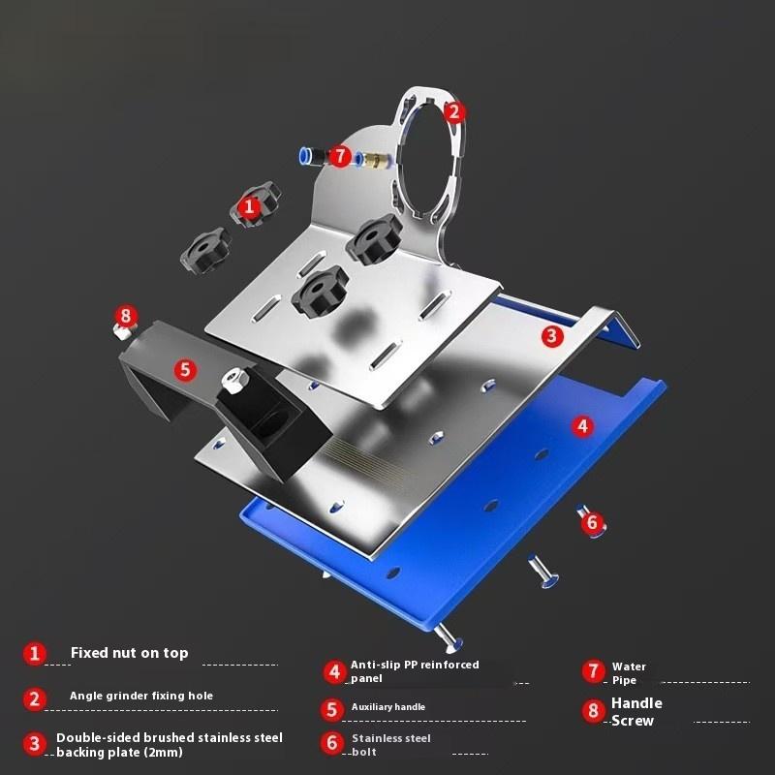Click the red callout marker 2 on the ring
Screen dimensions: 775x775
pyautogui.click(x=454, y=112)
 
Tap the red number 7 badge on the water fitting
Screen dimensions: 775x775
pyautogui.click(x=340, y=156)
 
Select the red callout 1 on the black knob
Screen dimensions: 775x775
pyautogui.click(x=249, y=206)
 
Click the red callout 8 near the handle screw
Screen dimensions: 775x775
pyautogui.click(x=126, y=316)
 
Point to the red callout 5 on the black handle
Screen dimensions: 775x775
pyautogui.click(x=185, y=369)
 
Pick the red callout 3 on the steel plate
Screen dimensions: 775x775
pyautogui.click(x=552, y=336)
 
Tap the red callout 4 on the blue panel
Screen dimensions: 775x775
pyautogui.click(x=583, y=426)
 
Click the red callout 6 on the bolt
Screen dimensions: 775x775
pyautogui.click(x=592, y=522)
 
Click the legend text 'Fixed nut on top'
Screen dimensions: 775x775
pyautogui.click(x=130, y=653)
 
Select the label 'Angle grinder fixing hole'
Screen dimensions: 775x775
pyautogui.click(x=141, y=696)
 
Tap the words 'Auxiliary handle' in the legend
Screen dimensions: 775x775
pyautogui.click(x=388, y=707)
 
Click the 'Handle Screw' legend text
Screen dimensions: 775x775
pyautogui.click(x=636, y=712)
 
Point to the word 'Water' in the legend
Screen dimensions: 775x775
pyautogui.click(x=629, y=666)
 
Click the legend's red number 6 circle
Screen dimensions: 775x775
pyautogui.click(x=332, y=743)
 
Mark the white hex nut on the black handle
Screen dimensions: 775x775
pyautogui.click(x=231, y=380)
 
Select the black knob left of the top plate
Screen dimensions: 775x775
pyautogui.click(x=206, y=249)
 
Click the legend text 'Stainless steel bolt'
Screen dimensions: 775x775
pyautogui.click(x=391, y=745)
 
